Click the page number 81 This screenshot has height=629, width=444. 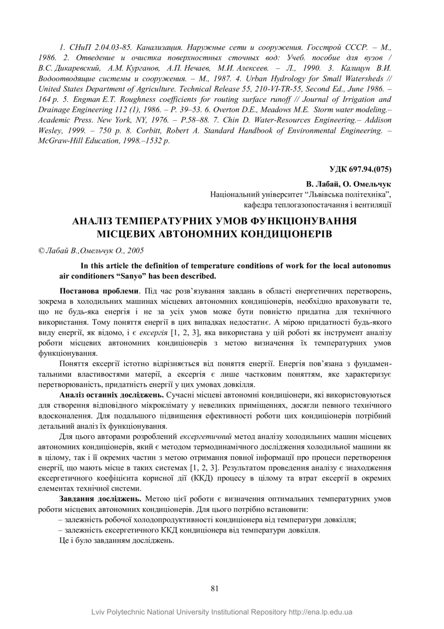coord(214,588)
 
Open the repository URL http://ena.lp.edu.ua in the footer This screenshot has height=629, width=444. coord(320,612)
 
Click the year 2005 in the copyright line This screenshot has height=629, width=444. coord(136,251)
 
